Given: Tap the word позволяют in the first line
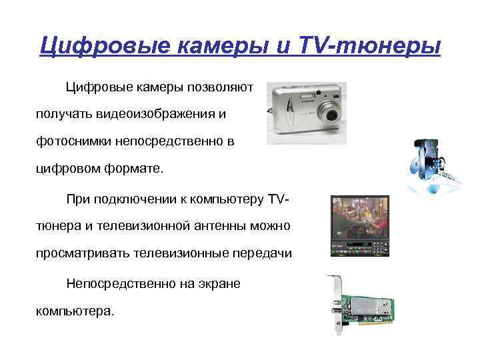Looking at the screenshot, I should (221, 87).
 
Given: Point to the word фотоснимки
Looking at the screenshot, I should (72, 142).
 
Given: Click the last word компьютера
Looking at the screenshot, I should (75, 311).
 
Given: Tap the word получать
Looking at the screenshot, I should (62, 115).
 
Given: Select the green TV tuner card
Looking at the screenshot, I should (367, 300).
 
